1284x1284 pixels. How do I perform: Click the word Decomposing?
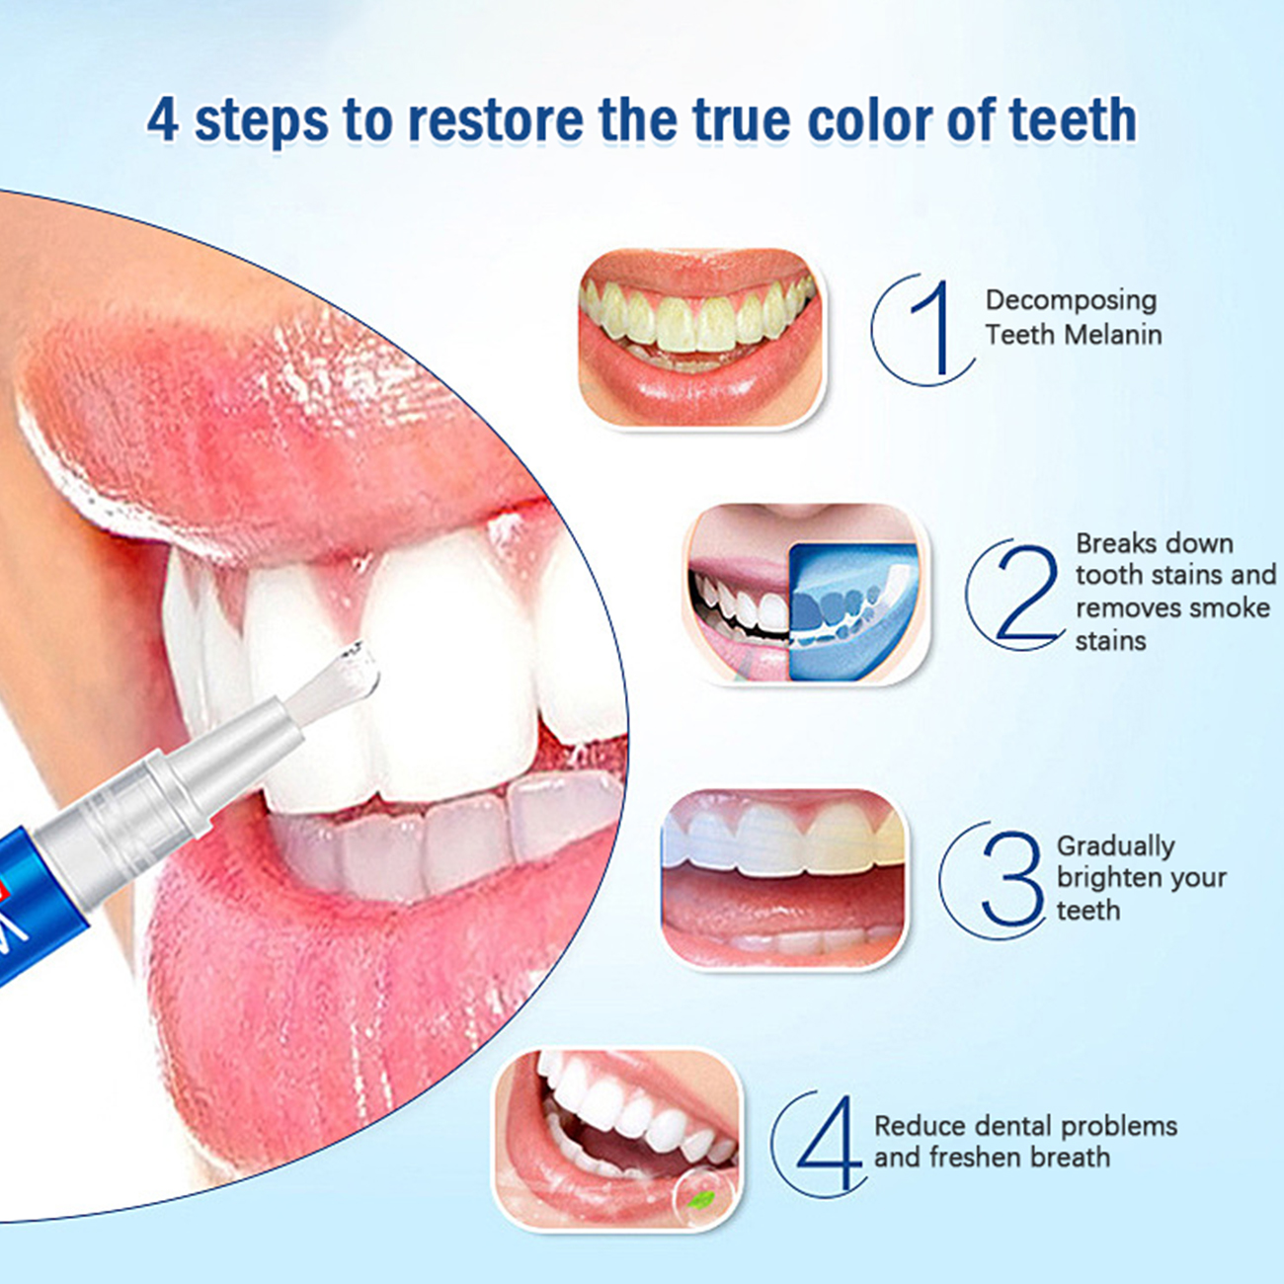(x=1071, y=301)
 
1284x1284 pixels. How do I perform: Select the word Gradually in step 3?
(x=1115, y=847)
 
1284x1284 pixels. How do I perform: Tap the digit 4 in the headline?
(x=162, y=120)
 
